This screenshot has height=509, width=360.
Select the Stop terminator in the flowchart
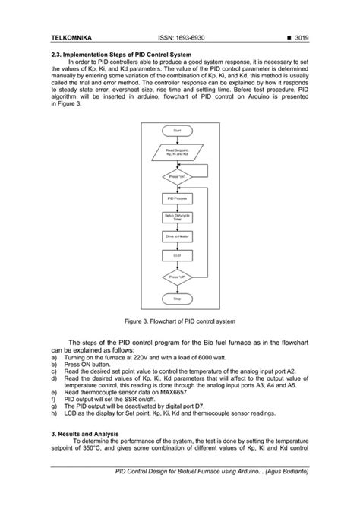pos(177,299)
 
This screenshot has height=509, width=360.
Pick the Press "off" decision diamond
pos(177,277)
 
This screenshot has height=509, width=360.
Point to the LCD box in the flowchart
pos(177,255)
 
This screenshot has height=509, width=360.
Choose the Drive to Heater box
pos(177,236)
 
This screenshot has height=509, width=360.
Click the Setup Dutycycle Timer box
pos(177,217)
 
